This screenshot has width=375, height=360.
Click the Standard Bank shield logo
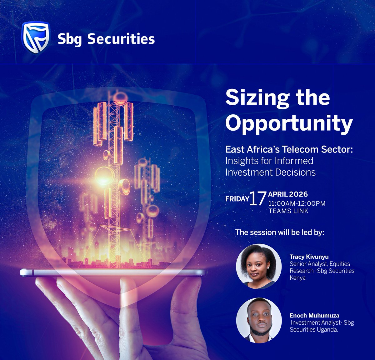pos(35,37)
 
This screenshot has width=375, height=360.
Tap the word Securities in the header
pos(121,39)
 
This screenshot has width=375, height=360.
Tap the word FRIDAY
pos(237,198)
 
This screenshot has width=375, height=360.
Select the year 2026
pos(298,194)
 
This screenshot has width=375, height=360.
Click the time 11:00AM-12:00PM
pos(297,203)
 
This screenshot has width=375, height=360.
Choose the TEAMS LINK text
pos(288,211)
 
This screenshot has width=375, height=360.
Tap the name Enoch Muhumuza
pos(314,315)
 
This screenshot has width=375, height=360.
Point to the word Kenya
pos(297,278)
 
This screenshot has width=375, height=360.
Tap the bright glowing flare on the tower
pos(103,177)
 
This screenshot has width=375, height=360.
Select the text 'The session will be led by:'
pos(280,232)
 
